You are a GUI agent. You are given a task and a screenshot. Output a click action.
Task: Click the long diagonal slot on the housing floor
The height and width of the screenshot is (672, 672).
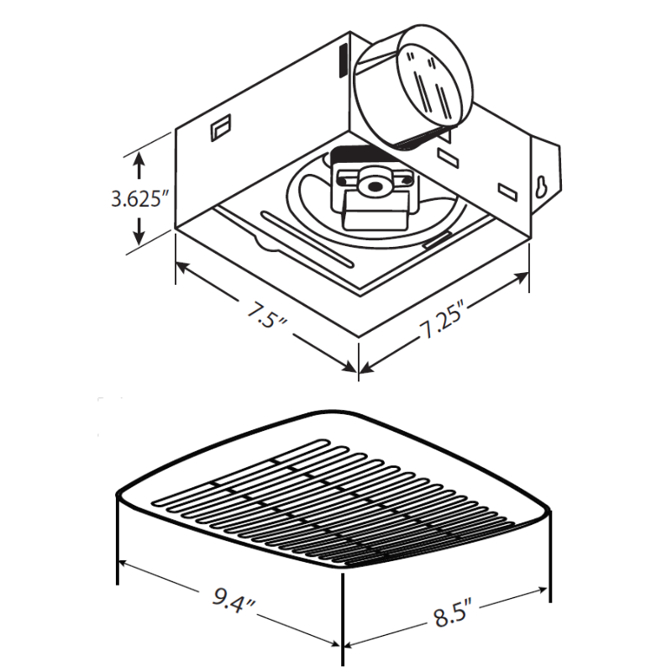(x=307, y=239)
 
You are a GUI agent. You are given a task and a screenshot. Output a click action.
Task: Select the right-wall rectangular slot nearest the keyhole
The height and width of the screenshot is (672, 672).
(x=507, y=191)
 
